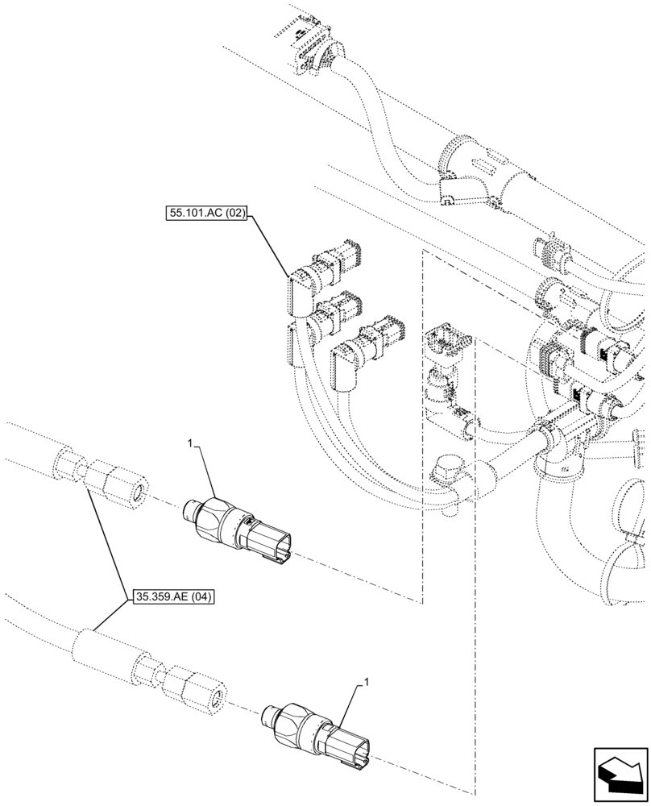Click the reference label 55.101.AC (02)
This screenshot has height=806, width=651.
pos(206,214)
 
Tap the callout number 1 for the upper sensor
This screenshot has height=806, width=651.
pos(191,443)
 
